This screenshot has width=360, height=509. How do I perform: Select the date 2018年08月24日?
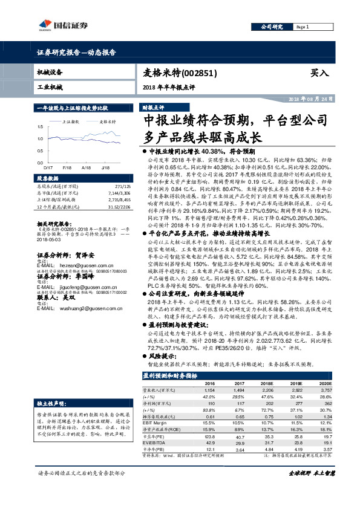pyautogui.click(x=309, y=99)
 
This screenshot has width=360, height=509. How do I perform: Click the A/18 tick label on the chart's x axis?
pyautogui.click(x=85, y=166)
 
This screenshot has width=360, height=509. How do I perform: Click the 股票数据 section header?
pyautogui.click(x=48, y=179)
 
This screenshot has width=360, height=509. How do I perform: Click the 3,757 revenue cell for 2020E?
pyautogui.click(x=326, y=391)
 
